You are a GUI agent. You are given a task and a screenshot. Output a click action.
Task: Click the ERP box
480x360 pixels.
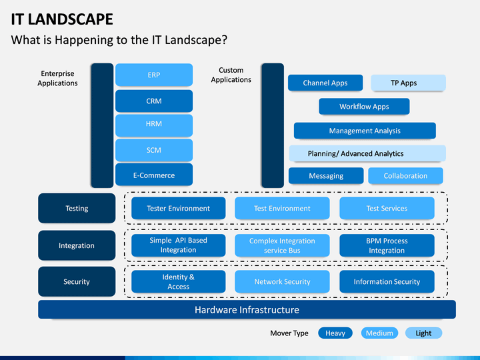coord(154,75)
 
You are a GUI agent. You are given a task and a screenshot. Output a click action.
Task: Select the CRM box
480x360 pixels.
coord(154,101)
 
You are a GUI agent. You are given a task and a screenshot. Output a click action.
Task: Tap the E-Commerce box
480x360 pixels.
coord(154,175)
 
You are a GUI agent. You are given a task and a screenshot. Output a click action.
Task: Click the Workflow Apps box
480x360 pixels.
coord(364,106)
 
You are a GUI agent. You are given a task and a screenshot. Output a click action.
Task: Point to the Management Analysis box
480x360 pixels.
coord(365,131)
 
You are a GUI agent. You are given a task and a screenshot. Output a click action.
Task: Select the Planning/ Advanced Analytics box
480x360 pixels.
coord(367,153)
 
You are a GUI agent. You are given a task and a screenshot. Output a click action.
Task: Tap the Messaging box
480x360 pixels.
coord(326,176)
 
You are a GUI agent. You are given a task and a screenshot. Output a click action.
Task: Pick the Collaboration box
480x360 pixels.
coord(405,176)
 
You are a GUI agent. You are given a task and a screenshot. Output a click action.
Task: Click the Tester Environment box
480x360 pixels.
coord(179,208)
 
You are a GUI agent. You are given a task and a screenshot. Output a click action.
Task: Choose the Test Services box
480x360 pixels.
coord(387,208)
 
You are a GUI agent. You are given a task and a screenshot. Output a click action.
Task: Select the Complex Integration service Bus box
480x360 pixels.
coord(282,245)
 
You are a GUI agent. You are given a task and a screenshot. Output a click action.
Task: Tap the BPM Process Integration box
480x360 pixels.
coord(387,245)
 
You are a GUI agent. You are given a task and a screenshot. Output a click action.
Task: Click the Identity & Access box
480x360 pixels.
coord(179,281)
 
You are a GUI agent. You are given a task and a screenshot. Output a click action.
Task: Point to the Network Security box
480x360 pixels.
coord(282,281)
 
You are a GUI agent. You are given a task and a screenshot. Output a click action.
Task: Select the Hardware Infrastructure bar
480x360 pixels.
coord(247,309)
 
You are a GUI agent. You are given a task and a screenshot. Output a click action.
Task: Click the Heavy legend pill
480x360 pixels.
coord(335,333)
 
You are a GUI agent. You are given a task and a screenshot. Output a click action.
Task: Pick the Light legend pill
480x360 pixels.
coord(424,333)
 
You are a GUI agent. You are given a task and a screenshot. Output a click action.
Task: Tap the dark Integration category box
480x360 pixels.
coord(77,245)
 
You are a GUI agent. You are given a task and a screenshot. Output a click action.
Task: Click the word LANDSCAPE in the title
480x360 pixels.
coord(71,19)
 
